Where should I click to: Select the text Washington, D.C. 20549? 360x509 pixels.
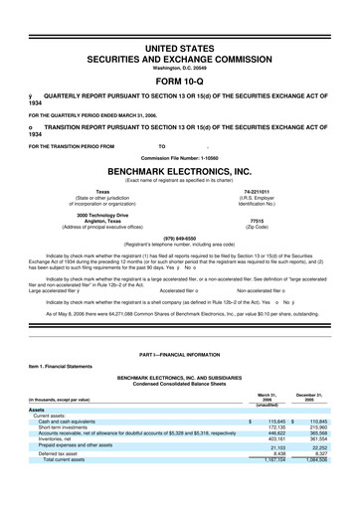(179, 66)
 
